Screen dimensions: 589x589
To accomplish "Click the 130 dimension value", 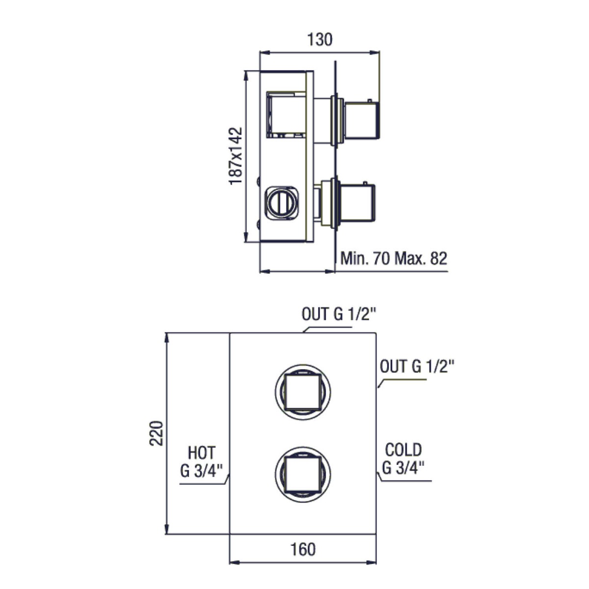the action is [x=320, y=40].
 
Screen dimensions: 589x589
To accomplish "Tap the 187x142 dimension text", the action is [x=236, y=156].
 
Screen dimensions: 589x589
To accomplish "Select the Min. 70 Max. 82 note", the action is [x=394, y=258].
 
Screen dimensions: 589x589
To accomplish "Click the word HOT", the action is [x=202, y=453].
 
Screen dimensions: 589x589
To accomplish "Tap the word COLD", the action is [x=403, y=450].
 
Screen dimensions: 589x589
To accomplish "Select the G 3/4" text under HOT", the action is [x=202, y=471].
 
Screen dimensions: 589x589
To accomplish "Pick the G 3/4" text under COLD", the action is [x=403, y=467].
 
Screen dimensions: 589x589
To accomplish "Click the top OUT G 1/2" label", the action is [x=339, y=314].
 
